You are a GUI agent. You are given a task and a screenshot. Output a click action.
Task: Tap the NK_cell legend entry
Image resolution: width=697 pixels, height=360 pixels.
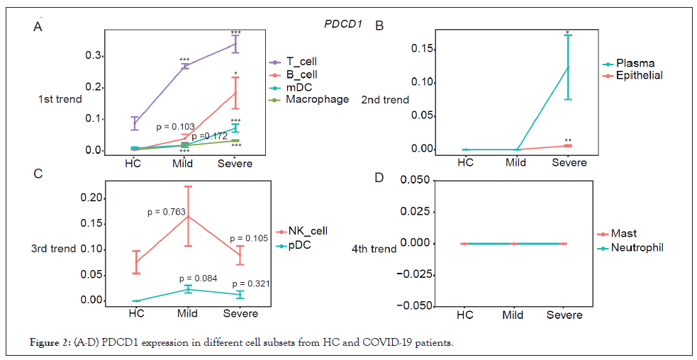306,231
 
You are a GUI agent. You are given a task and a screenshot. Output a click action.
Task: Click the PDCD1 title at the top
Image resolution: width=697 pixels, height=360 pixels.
343,24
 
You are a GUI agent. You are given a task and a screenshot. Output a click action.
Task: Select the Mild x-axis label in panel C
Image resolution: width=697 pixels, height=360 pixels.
188,313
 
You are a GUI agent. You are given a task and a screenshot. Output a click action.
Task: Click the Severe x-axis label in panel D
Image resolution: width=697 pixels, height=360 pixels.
564,315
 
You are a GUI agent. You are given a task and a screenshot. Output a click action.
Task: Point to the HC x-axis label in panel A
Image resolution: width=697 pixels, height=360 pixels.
133,163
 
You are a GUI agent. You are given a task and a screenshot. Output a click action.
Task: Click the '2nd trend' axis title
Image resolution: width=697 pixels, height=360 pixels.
385,100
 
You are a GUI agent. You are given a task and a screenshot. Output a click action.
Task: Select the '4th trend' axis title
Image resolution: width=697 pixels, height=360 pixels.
374,249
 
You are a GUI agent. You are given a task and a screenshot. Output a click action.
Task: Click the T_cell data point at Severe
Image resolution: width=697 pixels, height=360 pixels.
235,44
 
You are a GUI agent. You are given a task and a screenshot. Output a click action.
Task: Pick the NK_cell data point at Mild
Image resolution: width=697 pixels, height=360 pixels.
188,216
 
